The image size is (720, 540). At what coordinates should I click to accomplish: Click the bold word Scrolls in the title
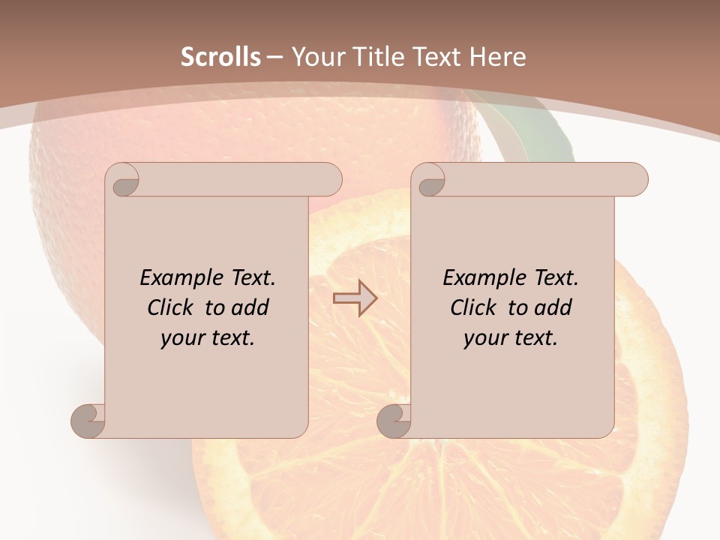pyautogui.click(x=221, y=57)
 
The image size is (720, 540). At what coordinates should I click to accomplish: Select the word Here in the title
pyautogui.click(x=498, y=57)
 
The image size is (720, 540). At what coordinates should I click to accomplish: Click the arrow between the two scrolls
pyautogui.click(x=355, y=298)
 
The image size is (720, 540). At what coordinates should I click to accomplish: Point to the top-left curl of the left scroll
pyautogui.click(x=123, y=180)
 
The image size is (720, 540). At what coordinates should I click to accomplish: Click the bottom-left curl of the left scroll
pyautogui.click(x=88, y=420)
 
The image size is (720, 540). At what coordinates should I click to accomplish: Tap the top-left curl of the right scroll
pyautogui.click(x=429, y=180)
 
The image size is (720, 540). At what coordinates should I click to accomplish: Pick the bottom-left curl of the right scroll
pyautogui.click(x=394, y=420)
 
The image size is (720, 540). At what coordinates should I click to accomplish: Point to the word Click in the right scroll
pyautogui.click(x=473, y=307)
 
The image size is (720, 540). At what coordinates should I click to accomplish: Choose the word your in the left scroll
pyautogui.click(x=181, y=338)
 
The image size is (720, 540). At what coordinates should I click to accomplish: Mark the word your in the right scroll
pyautogui.click(x=484, y=338)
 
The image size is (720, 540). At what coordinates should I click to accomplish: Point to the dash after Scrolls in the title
pyautogui.click(x=275, y=57)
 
